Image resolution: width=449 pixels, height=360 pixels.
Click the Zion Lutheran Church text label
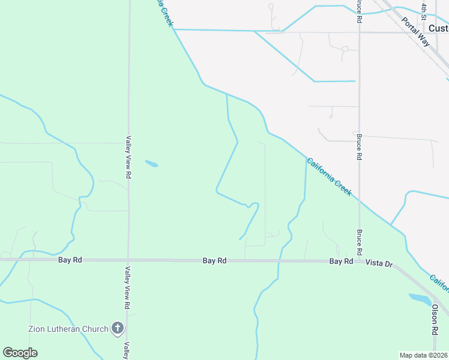(x=68, y=328)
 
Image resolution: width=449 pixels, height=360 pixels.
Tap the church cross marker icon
(x=117, y=328)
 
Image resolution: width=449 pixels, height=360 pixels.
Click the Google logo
(x=20, y=353)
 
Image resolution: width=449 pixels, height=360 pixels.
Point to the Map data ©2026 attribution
(x=423, y=355)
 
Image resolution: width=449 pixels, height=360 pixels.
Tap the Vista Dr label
(x=379, y=263)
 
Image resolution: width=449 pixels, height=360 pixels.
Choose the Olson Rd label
(x=435, y=319)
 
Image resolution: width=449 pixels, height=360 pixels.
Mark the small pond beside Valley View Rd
(x=151, y=163)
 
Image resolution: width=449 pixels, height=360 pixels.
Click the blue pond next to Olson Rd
(x=421, y=299)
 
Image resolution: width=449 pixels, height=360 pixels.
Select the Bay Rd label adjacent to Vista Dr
(x=341, y=262)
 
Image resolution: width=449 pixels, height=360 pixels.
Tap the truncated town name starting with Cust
(x=438, y=28)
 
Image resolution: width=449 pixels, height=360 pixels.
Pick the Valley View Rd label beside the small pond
(x=128, y=157)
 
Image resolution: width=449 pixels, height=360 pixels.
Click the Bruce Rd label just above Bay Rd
(x=359, y=242)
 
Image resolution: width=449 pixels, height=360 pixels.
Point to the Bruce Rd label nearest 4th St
(x=359, y=11)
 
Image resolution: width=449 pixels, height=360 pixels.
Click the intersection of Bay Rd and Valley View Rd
(x=128, y=260)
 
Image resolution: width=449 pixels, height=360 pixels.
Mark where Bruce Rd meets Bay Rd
(x=359, y=261)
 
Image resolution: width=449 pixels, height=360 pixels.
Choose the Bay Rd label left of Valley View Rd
(x=70, y=260)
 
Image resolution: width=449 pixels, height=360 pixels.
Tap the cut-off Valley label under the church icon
(x=127, y=350)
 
